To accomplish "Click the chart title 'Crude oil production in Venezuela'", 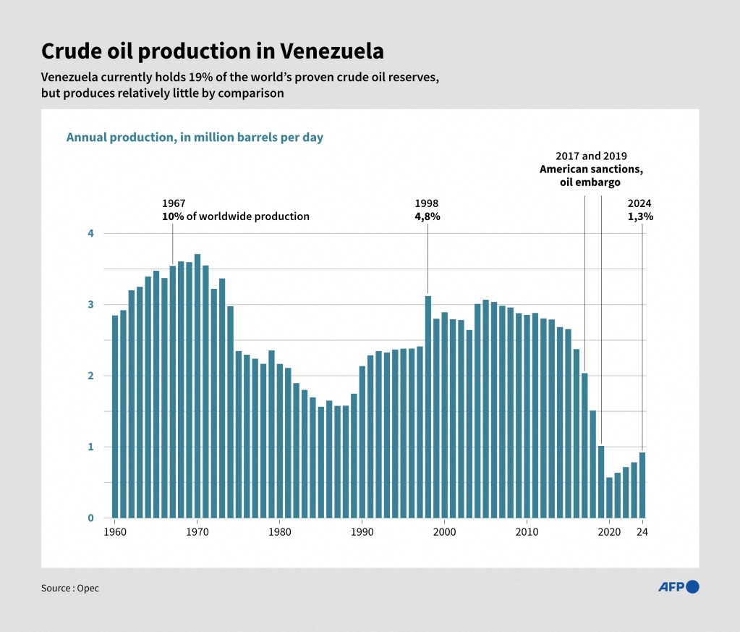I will coord(212,51).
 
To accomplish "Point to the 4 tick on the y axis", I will coord(91,233).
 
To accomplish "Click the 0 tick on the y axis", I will coord(91,518).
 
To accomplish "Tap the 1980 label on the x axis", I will coord(280,532).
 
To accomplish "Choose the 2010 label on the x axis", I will coord(527,532).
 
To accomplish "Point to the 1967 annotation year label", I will coord(174,203).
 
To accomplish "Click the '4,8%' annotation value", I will coord(428,216).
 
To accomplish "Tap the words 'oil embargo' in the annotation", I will coord(590,182).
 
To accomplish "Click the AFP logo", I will coord(678,586).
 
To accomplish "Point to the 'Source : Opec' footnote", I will coord(70,588).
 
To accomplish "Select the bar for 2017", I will coord(584,445).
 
